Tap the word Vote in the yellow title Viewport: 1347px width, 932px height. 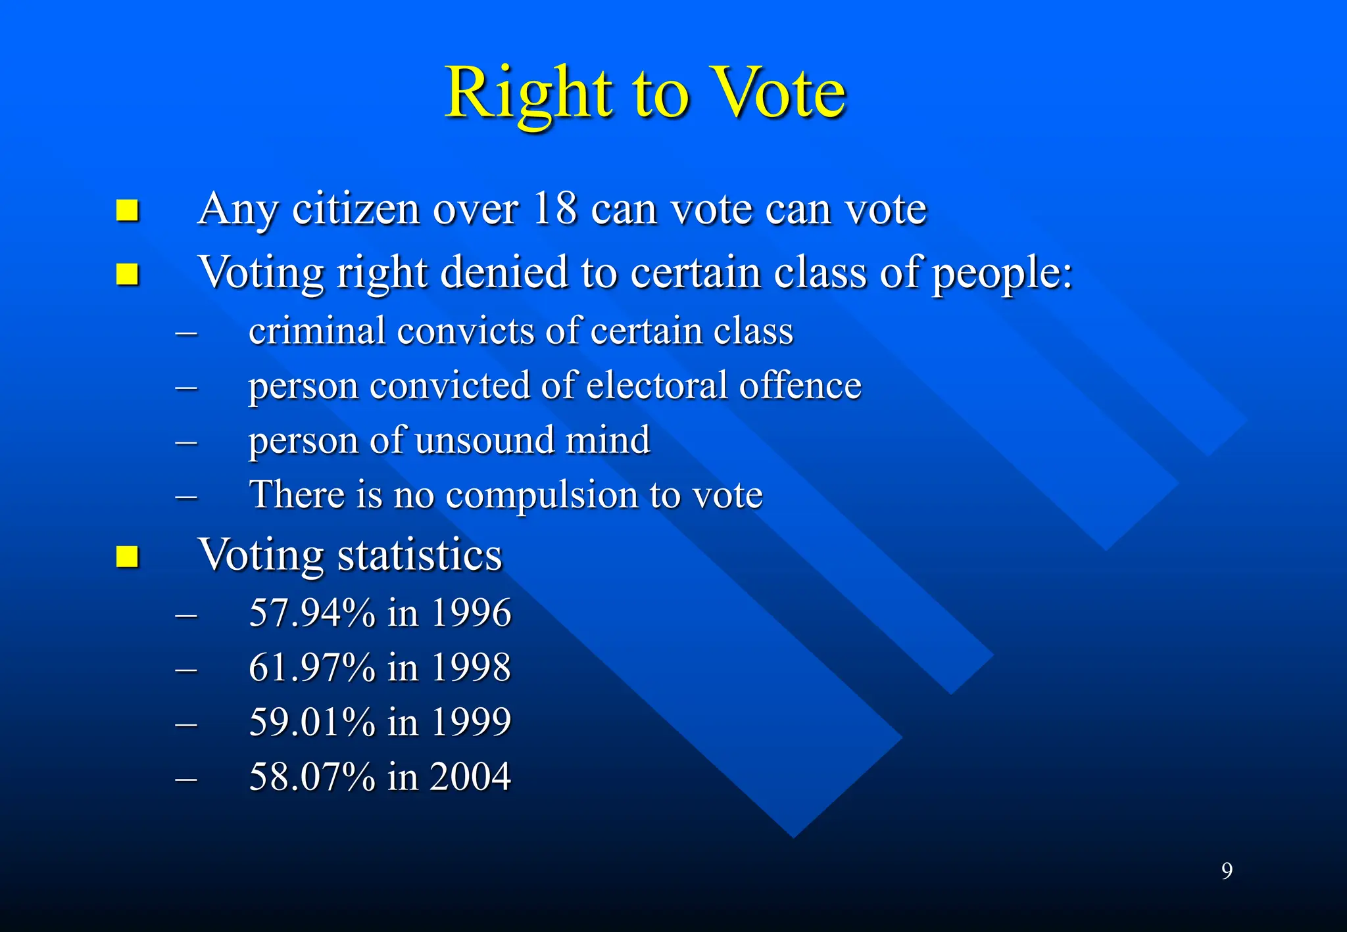click(779, 93)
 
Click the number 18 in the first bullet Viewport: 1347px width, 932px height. click(555, 209)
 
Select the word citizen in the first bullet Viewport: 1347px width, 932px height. click(356, 209)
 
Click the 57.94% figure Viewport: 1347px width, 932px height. click(312, 613)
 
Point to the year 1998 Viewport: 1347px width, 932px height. click(470, 667)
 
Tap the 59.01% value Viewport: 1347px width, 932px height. click(312, 722)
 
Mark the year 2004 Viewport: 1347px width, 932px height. click(470, 776)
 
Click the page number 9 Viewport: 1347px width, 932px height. click(1227, 871)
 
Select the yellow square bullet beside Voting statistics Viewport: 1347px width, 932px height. click(127, 557)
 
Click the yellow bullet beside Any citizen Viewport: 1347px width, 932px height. click(127, 211)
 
